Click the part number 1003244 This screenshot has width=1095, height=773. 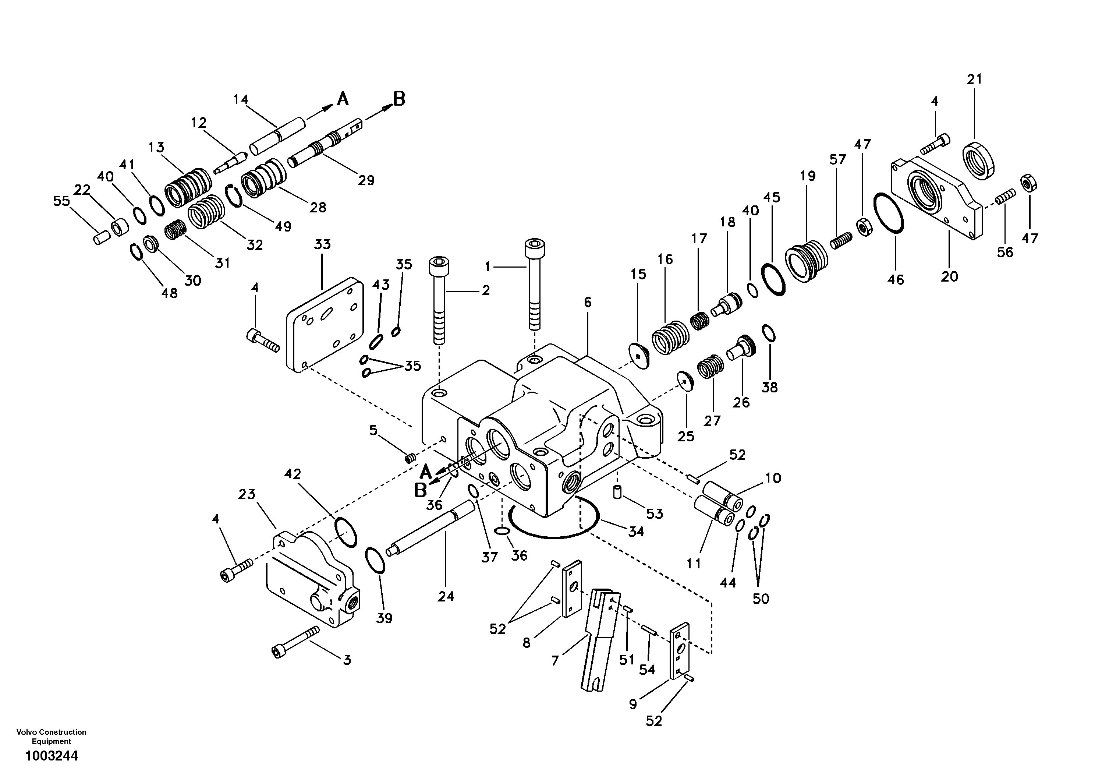[x=52, y=756]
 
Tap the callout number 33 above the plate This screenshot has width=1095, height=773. [x=322, y=244]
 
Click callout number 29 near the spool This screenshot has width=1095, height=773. [x=366, y=180]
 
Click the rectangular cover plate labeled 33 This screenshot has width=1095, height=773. [x=324, y=324]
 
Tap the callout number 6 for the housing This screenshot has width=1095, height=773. [x=587, y=302]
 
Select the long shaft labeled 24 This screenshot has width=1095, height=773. [x=432, y=530]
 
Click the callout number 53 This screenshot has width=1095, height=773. [x=654, y=514]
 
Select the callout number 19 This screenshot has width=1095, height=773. [x=807, y=176]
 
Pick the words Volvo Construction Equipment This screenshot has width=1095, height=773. [x=52, y=736]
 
